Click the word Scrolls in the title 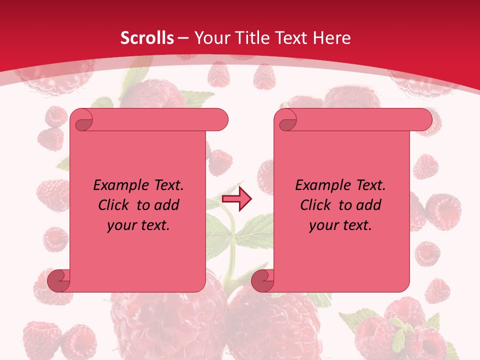click(x=147, y=38)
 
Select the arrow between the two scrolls click(x=236, y=199)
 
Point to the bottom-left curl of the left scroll click(x=58, y=281)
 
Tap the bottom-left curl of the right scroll click(x=262, y=281)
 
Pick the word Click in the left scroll click(x=114, y=205)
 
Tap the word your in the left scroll click(x=121, y=225)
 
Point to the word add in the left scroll click(x=167, y=205)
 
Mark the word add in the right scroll click(x=369, y=205)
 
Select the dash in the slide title click(x=183, y=38)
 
